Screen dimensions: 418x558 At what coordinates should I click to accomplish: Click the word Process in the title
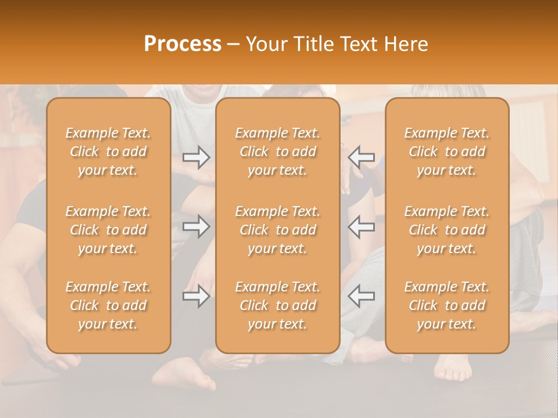pos(183,44)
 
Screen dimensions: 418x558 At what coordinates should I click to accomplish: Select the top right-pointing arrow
pos(196,157)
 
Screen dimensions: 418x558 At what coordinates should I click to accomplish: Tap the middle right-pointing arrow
pos(196,226)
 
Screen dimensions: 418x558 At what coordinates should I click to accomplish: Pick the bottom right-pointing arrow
pos(196,296)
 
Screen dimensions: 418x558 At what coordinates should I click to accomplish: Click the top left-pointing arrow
pos(361,157)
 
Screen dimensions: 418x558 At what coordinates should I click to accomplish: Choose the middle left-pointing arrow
pos(361,226)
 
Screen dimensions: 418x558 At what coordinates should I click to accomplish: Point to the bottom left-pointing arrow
pos(361,296)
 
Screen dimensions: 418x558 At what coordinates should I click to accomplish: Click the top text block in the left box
pos(108,152)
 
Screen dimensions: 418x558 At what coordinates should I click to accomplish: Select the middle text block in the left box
pos(108,230)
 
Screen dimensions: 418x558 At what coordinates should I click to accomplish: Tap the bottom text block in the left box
pos(108,305)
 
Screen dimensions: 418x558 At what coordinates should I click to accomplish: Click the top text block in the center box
pos(277,152)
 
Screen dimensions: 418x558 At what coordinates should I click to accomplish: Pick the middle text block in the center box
pos(277,230)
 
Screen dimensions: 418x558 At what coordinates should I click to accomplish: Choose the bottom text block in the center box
pos(277,305)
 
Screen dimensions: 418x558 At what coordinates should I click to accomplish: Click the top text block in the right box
pos(446,152)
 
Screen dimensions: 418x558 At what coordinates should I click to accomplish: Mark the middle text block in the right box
pos(446,230)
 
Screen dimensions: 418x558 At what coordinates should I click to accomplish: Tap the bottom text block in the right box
pos(446,305)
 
